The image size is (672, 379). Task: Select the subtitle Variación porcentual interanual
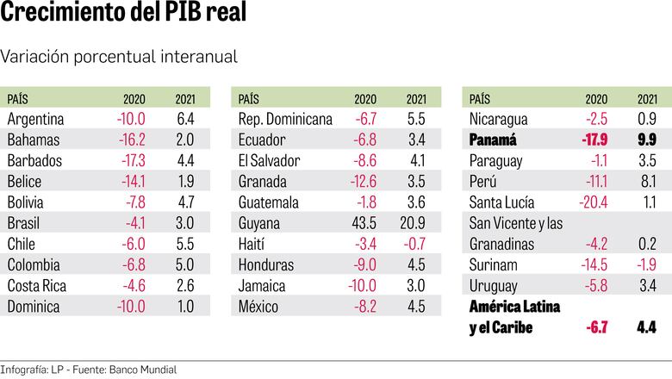tap(119, 56)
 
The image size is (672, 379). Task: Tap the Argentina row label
tap(36, 119)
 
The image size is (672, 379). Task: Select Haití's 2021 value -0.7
tap(415, 244)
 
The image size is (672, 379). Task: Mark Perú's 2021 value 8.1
tap(648, 181)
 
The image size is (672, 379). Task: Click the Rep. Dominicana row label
tap(284, 119)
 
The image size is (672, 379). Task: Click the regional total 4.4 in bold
tap(648, 327)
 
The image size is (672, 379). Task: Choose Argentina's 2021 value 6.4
tap(185, 119)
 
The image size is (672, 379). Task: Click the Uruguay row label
tap(495, 285)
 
